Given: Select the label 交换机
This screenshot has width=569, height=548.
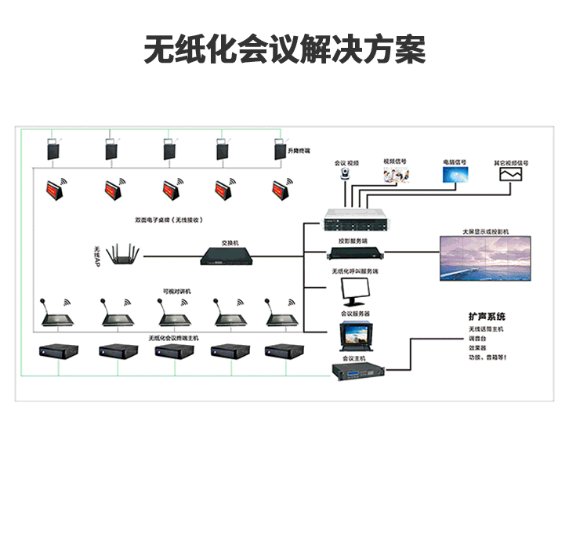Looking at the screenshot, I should point(229,242).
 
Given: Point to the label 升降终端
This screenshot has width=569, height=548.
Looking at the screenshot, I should point(299,150).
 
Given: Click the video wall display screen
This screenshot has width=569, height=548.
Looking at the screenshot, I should point(486,258).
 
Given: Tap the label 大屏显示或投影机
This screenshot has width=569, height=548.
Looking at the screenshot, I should point(485,232).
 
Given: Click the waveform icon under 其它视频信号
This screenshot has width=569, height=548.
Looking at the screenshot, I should point(510,173).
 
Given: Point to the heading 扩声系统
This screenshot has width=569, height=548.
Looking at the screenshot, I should point(487,317).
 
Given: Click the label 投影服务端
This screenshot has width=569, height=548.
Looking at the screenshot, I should point(353,241).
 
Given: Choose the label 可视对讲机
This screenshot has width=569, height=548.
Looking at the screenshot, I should point(176,291).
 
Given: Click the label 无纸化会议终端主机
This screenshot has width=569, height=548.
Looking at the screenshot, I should point(174,338).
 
